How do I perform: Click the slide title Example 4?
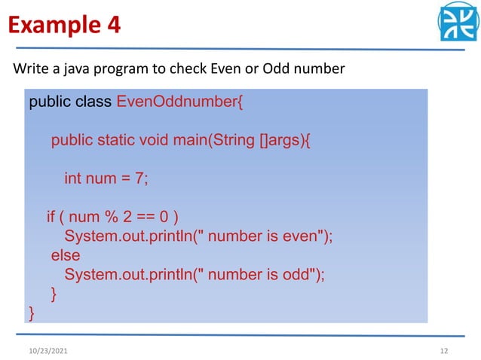point(64,26)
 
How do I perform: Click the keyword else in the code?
point(66,255)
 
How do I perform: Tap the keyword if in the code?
point(52,218)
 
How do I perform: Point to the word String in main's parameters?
point(234,141)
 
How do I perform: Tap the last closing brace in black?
point(32,311)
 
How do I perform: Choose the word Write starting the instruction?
point(29,69)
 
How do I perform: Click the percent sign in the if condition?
point(111,218)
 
